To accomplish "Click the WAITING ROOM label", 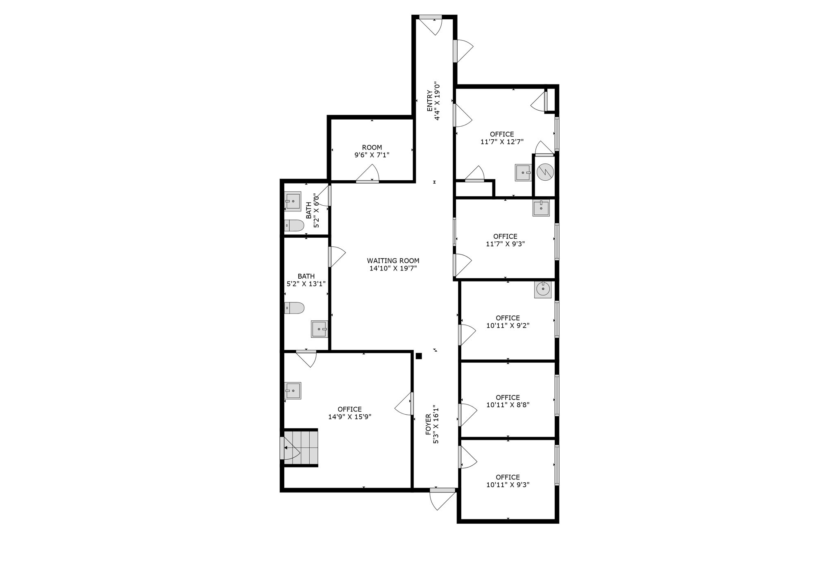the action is [393, 261].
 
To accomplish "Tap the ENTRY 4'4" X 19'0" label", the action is [433, 101].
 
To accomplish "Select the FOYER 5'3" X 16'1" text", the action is [432, 425].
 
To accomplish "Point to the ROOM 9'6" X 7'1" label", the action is [372, 151].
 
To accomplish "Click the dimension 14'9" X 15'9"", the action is [350, 417].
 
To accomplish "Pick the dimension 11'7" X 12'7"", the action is [502, 142].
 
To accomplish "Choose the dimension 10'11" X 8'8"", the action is [508, 405].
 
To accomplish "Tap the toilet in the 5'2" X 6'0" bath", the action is [294, 225].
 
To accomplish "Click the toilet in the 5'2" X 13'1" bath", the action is [294, 308].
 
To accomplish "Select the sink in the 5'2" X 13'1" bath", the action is [319, 329].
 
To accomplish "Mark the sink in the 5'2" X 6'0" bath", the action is [293, 201].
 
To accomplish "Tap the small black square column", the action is [419, 356].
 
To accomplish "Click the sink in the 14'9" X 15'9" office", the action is [293, 391].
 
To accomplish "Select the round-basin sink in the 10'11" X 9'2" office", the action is [543, 289].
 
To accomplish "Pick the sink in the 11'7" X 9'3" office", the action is [541, 207].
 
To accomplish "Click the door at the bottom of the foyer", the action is [442, 499].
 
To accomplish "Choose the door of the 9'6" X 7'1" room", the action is [367, 174].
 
